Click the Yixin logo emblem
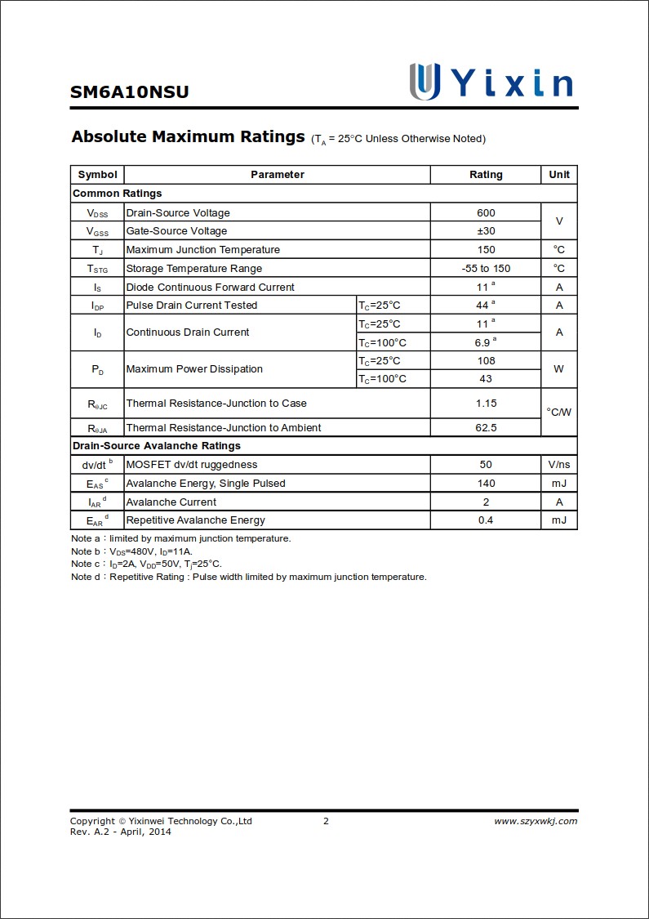(425, 81)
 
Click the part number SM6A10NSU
(129, 92)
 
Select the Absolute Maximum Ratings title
(188, 136)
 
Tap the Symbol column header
(97, 175)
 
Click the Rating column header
(486, 175)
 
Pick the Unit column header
(559, 175)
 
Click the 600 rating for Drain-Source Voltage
(486, 213)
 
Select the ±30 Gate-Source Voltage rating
(486, 231)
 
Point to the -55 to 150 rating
(486, 269)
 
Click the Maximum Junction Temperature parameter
(202, 250)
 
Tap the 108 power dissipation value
(486, 361)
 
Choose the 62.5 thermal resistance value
(486, 428)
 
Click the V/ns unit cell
(559, 465)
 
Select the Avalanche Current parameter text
(171, 502)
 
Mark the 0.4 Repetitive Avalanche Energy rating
(486, 520)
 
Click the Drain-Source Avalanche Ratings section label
(157, 446)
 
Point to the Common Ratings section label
(118, 194)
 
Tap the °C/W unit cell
(559, 413)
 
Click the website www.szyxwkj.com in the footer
(536, 822)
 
